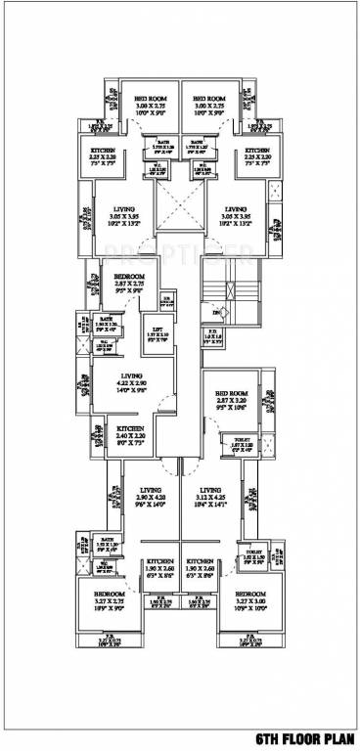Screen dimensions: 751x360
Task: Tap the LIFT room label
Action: tap(156, 330)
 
